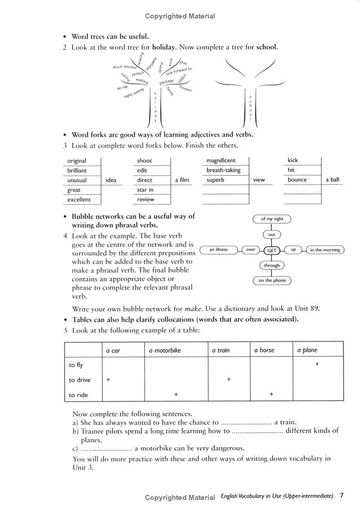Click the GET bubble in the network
pos(272,250)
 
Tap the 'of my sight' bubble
pos(272,219)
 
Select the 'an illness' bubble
pos(219,250)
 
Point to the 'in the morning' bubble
pos(325,250)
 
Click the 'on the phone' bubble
pos(272,281)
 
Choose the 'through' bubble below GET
pos(272,265)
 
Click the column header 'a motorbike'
pos(165,350)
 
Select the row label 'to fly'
pos(76,365)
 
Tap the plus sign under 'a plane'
pos(317,363)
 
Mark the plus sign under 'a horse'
pos(271,394)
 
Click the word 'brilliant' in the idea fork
pos(77,171)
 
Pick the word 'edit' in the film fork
pos(142,170)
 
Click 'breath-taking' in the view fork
pos(223,170)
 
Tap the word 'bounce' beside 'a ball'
pos(297,180)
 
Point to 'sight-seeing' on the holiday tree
pos(134,93)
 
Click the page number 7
pos(342,496)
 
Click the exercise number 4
pos(65,236)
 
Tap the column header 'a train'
pos(220,350)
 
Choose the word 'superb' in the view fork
pos(215,180)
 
